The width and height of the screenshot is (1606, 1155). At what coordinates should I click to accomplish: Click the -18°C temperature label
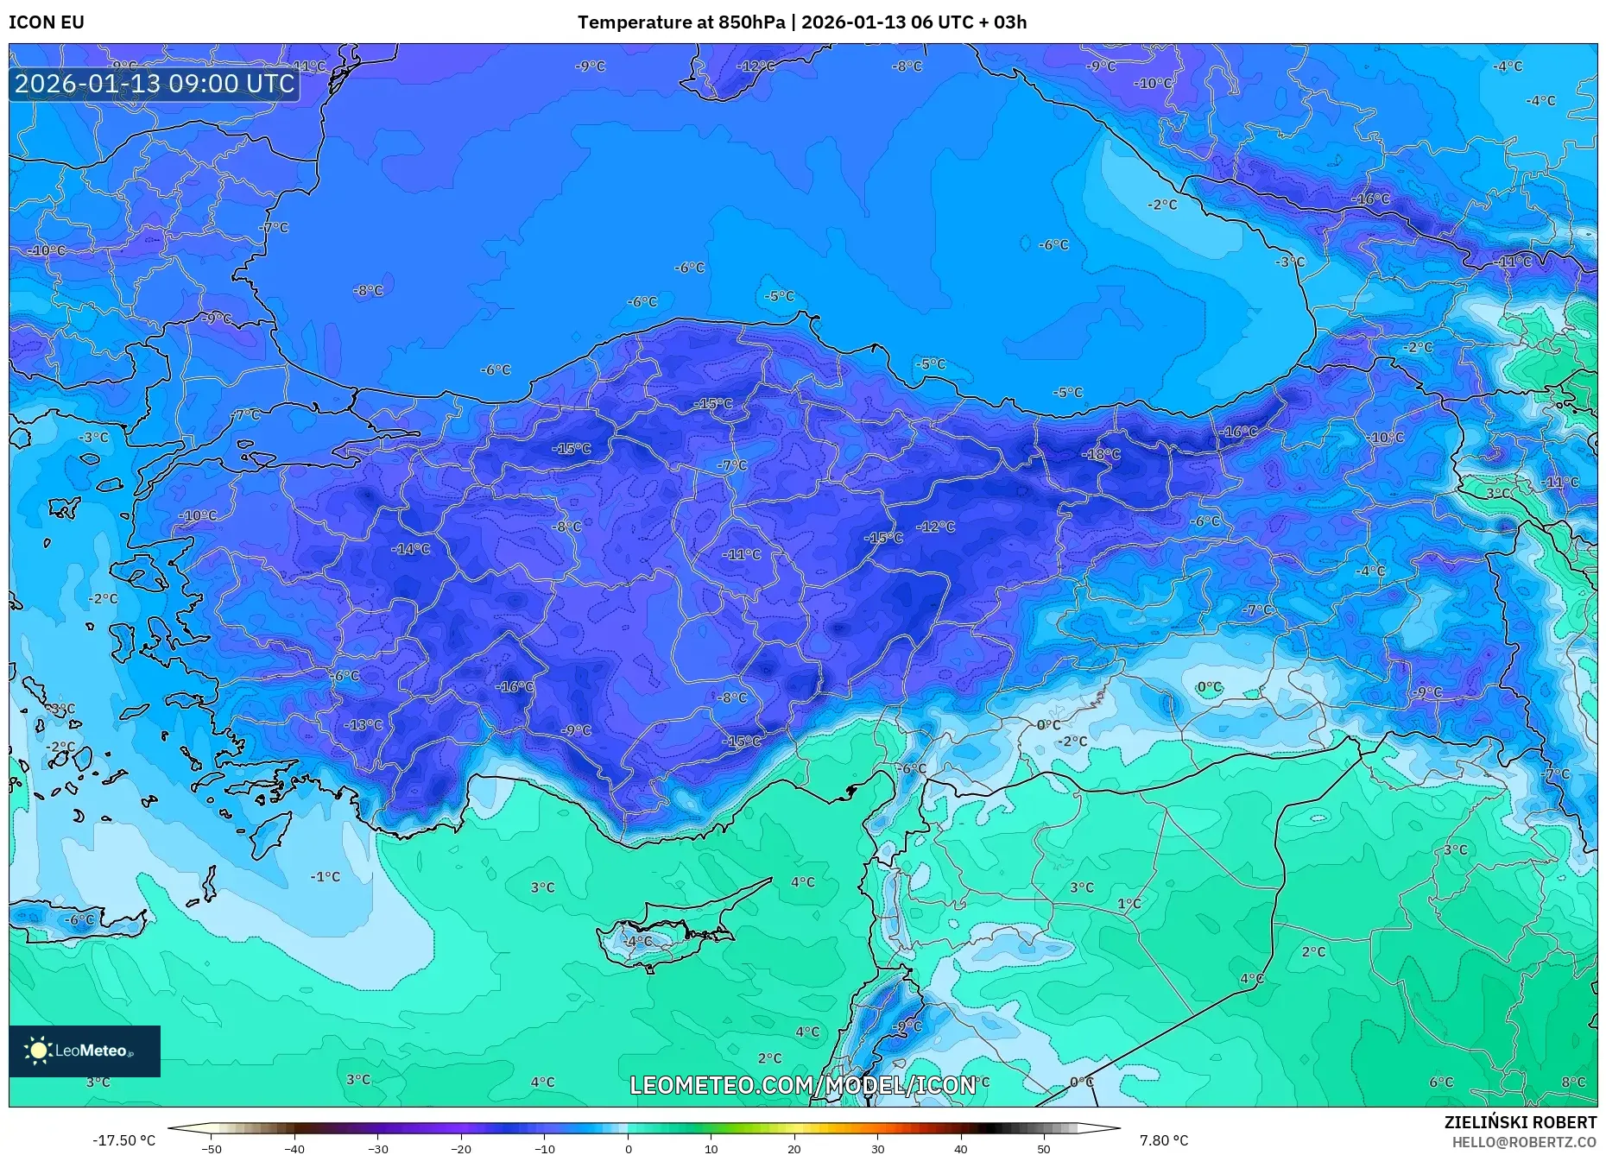pyautogui.click(x=1102, y=454)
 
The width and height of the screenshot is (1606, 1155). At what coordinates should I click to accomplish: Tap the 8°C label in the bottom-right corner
pyautogui.click(x=1573, y=1082)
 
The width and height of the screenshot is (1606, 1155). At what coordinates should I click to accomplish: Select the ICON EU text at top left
pyautogui.click(x=47, y=22)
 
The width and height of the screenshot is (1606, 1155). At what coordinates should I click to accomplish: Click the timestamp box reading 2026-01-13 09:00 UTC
pyautogui.click(x=155, y=84)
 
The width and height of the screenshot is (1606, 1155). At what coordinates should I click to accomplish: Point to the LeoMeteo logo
pyautogui.click(x=85, y=1051)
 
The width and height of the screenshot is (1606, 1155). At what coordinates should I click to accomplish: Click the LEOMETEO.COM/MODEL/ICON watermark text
pyautogui.click(x=802, y=1085)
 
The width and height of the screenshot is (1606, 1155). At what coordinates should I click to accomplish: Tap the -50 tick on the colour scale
pyautogui.click(x=212, y=1148)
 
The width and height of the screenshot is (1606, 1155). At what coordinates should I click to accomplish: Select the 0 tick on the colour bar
pyautogui.click(x=628, y=1148)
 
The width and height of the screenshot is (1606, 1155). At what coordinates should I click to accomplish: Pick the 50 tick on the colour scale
pyautogui.click(x=1044, y=1148)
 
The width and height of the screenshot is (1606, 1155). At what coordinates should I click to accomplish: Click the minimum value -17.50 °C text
pyautogui.click(x=124, y=1140)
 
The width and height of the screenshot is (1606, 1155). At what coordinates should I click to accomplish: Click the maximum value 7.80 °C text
pyautogui.click(x=1163, y=1140)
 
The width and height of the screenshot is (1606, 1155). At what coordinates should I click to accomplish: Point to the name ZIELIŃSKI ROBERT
pyautogui.click(x=1520, y=1122)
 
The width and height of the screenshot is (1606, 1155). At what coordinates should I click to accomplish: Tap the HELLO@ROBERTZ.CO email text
pyautogui.click(x=1524, y=1142)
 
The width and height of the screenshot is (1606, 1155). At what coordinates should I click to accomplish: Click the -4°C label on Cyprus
pyautogui.click(x=638, y=941)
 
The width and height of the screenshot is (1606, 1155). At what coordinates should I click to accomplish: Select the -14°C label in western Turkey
pyautogui.click(x=410, y=549)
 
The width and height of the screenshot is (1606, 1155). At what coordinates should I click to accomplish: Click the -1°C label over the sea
pyautogui.click(x=326, y=876)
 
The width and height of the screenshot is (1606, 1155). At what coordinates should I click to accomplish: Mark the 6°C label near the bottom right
pyautogui.click(x=1440, y=1082)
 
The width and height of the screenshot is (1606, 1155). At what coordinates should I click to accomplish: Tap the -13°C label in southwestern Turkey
pyautogui.click(x=364, y=725)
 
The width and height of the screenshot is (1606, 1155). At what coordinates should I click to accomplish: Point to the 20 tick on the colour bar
pyautogui.click(x=794, y=1148)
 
